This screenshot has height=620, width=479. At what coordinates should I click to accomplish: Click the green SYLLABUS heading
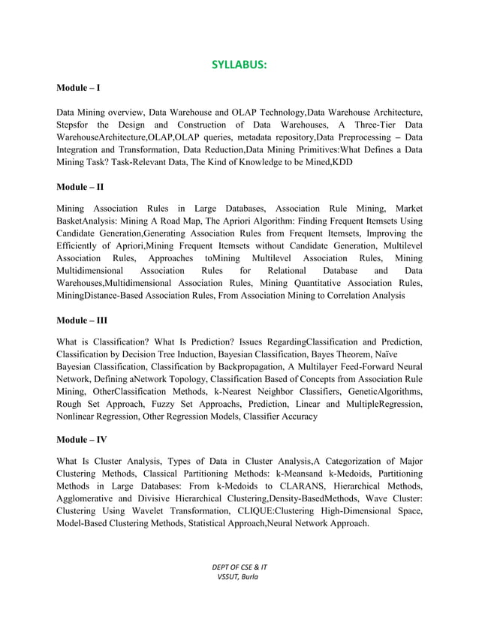[239, 65]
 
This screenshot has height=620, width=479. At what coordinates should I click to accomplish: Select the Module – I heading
[78, 89]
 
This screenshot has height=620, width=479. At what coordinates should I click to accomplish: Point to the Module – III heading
[82, 320]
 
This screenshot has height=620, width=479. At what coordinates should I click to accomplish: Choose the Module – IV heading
[82, 438]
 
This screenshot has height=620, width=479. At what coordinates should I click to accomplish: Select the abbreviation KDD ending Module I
[342, 161]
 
